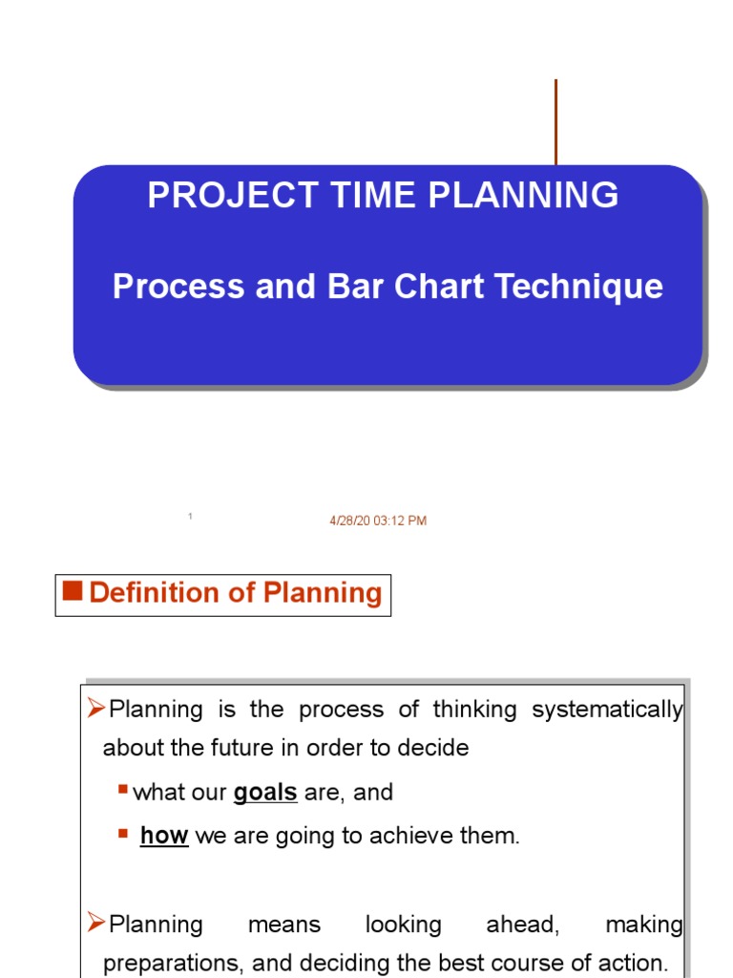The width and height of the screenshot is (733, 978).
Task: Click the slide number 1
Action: [x=191, y=517]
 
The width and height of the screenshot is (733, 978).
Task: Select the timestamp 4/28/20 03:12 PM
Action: [x=378, y=521]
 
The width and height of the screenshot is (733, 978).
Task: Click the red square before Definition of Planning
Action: [x=72, y=591]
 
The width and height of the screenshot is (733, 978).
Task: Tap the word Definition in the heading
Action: [x=155, y=593]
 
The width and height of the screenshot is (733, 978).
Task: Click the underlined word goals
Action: [x=265, y=793]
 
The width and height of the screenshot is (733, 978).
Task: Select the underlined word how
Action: [x=164, y=836]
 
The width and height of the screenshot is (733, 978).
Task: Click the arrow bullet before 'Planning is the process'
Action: [x=95, y=709]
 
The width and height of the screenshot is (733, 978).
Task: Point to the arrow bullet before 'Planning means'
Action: [x=95, y=923]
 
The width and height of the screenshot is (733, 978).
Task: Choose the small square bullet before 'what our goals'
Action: [x=123, y=790]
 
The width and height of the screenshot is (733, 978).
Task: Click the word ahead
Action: [x=517, y=925]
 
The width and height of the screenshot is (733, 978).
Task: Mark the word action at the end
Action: [x=634, y=963]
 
